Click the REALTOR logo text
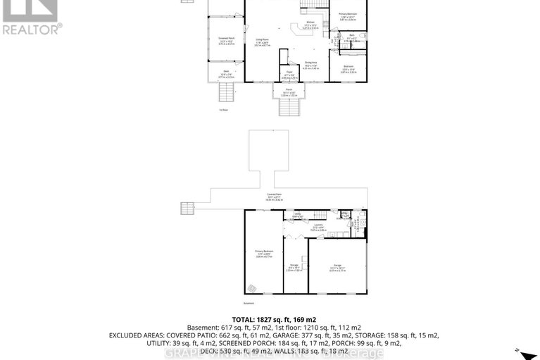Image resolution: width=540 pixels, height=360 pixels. click(x=32, y=29)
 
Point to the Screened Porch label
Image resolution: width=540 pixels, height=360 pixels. click(x=225, y=41)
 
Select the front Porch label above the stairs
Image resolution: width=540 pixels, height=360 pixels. click(x=287, y=91)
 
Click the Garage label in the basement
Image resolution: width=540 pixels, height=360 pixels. click(x=338, y=266)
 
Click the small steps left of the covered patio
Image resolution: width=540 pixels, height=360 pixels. click(x=187, y=209)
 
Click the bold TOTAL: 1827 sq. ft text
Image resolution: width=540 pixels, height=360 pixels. click(x=270, y=319)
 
